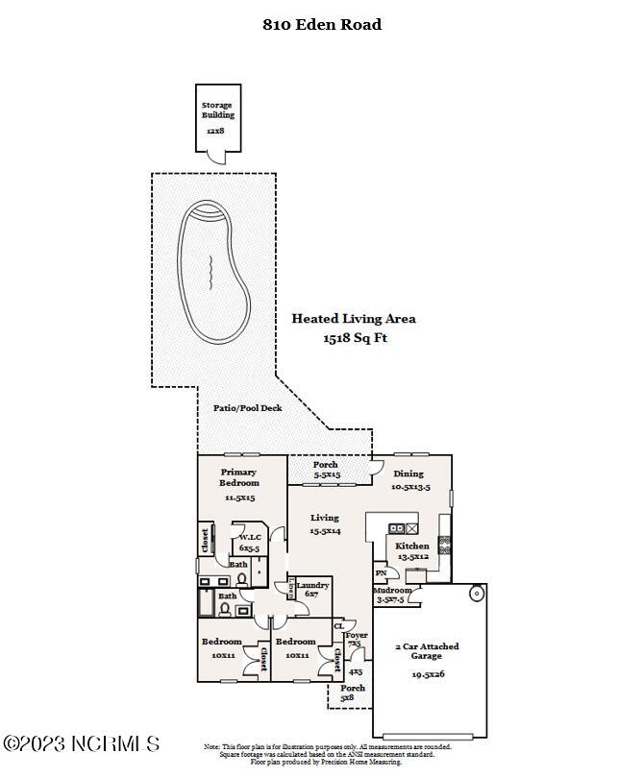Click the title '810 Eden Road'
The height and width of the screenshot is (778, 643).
322,25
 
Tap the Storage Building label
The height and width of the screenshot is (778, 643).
217,109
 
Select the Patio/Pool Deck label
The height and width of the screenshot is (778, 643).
247,408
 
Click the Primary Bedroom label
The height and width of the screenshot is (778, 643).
238,477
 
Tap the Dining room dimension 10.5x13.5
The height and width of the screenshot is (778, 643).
409,487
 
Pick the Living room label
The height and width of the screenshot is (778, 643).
324,518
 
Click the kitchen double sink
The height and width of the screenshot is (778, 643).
404,528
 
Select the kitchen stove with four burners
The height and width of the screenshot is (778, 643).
444,544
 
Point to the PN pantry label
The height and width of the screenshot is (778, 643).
381,573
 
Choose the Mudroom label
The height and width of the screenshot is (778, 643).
392,591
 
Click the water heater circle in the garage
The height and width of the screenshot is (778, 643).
476,594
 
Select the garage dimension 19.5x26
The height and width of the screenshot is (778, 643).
427,674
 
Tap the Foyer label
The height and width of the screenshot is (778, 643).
356,635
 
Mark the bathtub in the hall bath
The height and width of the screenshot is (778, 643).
206,602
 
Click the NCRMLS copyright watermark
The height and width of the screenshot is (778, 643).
81,743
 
